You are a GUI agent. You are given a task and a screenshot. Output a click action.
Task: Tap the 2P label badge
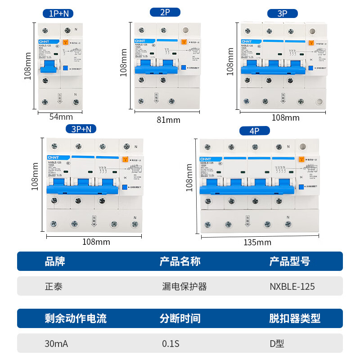coord(165,12)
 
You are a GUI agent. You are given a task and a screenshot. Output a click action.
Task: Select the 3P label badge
coord(282,13)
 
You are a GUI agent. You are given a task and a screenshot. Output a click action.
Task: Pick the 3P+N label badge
coord(81,129)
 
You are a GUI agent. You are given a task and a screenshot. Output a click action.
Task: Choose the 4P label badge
coord(254,131)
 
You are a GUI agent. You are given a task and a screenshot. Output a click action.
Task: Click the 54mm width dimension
coord(61,117)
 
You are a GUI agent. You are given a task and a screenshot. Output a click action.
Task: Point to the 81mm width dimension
coord(168,120)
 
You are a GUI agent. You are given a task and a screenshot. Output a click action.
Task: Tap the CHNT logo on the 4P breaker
coord(205,159)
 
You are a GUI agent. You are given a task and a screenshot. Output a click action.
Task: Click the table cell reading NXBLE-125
coord(292,286)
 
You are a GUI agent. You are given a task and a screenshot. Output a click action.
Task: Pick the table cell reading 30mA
coord(56,344)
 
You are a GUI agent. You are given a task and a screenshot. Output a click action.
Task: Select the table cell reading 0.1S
coord(171,344)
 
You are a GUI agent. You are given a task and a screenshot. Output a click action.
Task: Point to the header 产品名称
coord(180,261)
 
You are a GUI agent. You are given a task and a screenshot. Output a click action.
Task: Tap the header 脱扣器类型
coord(295,319)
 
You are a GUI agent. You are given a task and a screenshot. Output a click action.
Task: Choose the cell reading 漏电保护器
coord(184,286)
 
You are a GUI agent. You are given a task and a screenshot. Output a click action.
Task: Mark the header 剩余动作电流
coord(76,319)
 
